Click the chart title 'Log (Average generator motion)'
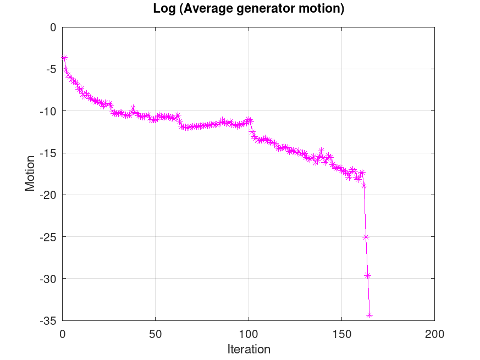[x=248, y=9]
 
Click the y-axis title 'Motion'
[x=30, y=174]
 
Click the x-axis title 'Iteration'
[x=249, y=349]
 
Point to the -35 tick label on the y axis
[x=48, y=320]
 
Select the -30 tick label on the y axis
[x=48, y=279]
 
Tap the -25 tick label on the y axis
[x=48, y=237]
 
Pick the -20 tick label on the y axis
[x=48, y=195]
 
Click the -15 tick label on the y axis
[x=48, y=153]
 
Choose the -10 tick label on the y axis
[x=48, y=111]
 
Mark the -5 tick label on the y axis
[x=51, y=69]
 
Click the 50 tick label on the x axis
[x=155, y=333]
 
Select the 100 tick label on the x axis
[x=249, y=333]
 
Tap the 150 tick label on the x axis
[x=341, y=333]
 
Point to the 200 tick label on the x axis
[x=434, y=333]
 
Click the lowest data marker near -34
[x=369, y=315]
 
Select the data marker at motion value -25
[x=366, y=237]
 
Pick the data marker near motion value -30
[x=368, y=275]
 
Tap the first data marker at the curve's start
[x=64, y=57]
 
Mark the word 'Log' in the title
[x=163, y=9]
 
